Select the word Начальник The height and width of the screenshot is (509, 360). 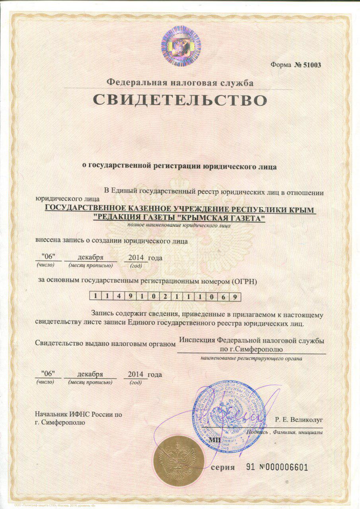(52, 414)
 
